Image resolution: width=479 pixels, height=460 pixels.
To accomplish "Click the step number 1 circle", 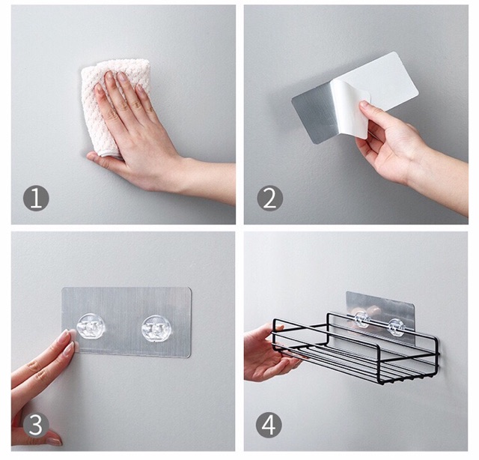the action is [36, 199].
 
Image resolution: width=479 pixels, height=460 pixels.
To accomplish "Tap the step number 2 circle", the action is [269, 199].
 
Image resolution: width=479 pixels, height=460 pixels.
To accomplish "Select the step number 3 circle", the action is [36, 425].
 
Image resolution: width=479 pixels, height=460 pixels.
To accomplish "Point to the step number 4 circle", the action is [269, 425].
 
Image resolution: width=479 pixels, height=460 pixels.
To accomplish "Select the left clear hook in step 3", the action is [91, 327].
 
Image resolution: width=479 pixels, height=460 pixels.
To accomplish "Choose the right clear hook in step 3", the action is [156, 329].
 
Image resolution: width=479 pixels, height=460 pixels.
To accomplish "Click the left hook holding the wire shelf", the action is [361, 319].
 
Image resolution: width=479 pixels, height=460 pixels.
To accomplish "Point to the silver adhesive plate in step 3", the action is [126, 322].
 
